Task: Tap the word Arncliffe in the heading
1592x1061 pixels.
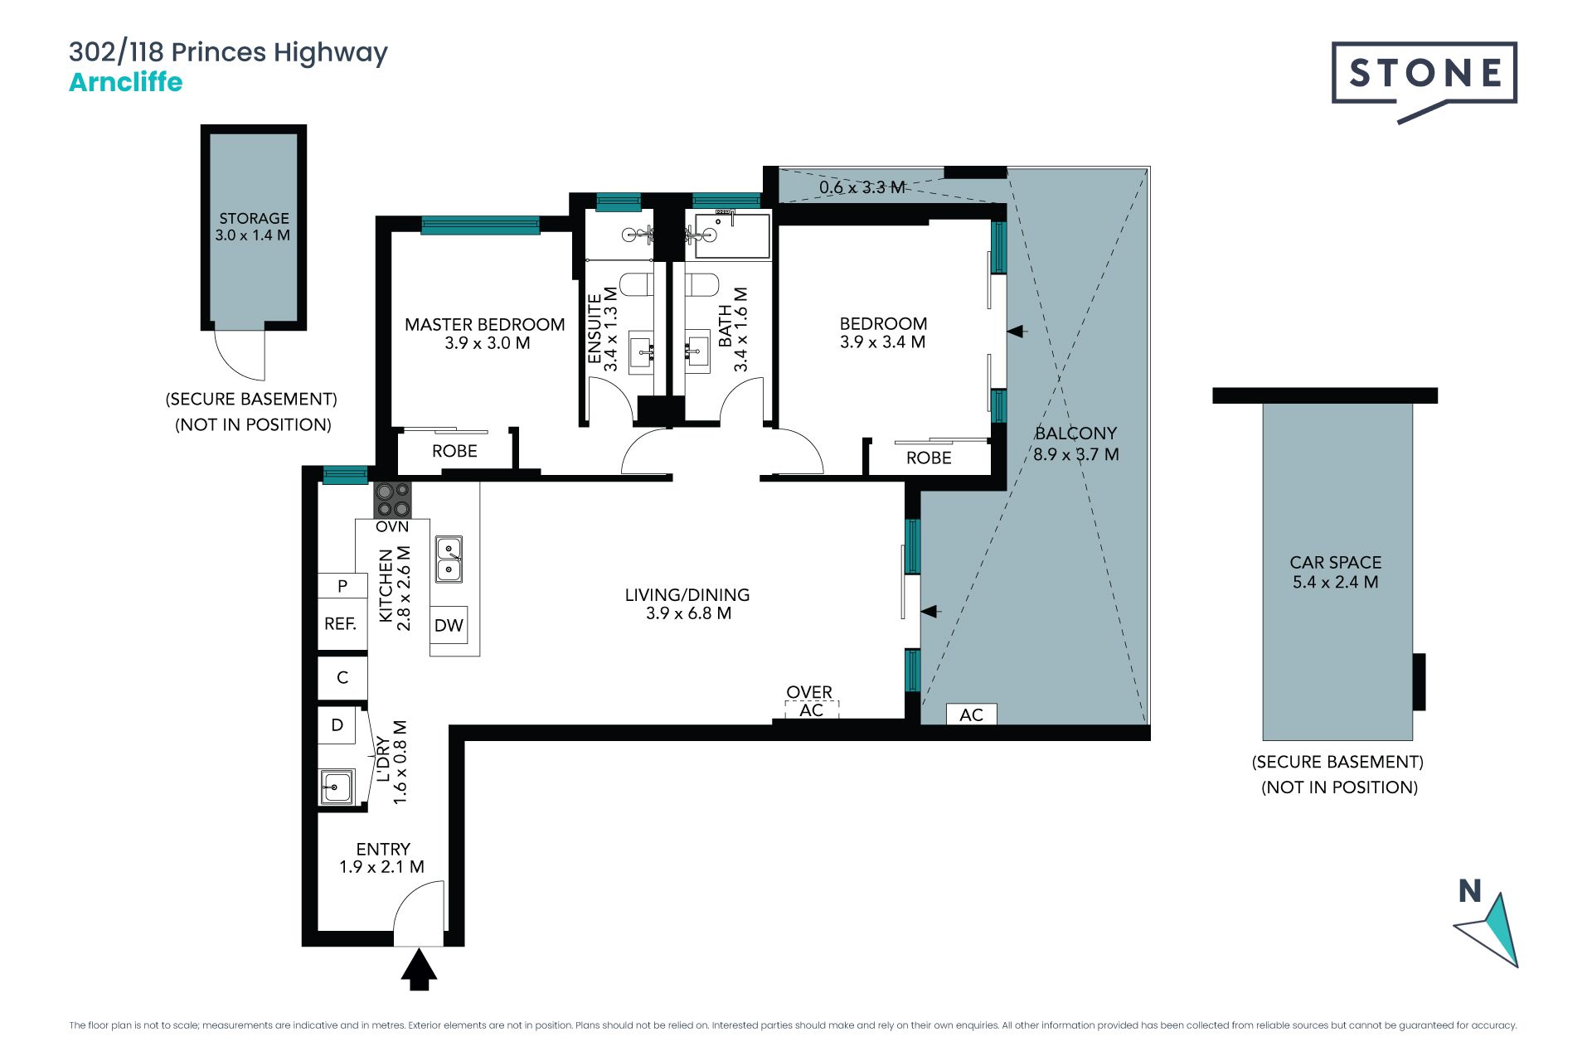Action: (126, 82)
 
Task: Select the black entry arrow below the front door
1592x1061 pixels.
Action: (419, 970)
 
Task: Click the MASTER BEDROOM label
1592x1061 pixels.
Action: (485, 325)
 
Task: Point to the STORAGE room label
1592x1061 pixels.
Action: (254, 219)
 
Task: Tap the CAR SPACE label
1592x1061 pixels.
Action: (1336, 562)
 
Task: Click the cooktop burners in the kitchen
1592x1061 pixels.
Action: (392, 500)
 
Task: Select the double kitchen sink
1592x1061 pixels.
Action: (449, 560)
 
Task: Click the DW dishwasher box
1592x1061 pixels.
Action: (449, 625)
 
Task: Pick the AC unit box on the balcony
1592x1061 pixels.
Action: (971, 715)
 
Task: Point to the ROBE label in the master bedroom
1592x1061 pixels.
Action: (454, 451)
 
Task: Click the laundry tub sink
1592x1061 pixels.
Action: (337, 786)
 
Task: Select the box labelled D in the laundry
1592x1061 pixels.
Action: (337, 725)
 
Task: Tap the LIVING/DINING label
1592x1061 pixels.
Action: (687, 595)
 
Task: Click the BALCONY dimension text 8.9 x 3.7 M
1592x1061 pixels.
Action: (1076, 454)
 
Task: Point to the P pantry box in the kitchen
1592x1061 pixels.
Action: (342, 586)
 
